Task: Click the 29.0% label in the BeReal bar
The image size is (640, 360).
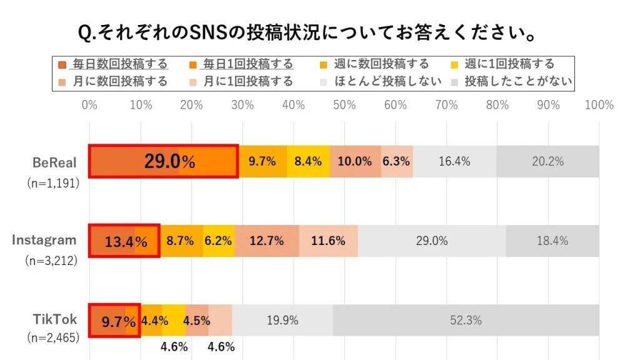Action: (x=169, y=161)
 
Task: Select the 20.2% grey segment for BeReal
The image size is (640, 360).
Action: (x=547, y=161)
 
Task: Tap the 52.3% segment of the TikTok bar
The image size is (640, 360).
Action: (x=466, y=321)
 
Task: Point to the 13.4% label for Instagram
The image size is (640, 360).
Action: (x=126, y=241)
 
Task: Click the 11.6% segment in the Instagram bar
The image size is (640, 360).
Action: (x=327, y=241)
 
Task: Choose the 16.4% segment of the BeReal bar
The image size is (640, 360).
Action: (x=454, y=161)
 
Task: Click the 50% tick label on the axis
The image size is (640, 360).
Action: (x=344, y=105)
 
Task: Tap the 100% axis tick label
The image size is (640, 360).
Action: (x=599, y=105)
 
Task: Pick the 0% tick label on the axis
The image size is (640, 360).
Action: (x=89, y=105)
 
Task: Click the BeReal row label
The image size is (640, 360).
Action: (x=54, y=162)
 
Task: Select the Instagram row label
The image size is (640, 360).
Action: (x=44, y=240)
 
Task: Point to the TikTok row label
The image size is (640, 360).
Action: (x=54, y=319)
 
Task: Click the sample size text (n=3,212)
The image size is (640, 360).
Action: (x=51, y=261)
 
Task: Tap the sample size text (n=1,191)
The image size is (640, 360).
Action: (x=52, y=183)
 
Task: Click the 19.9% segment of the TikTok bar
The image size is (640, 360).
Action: (x=282, y=321)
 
